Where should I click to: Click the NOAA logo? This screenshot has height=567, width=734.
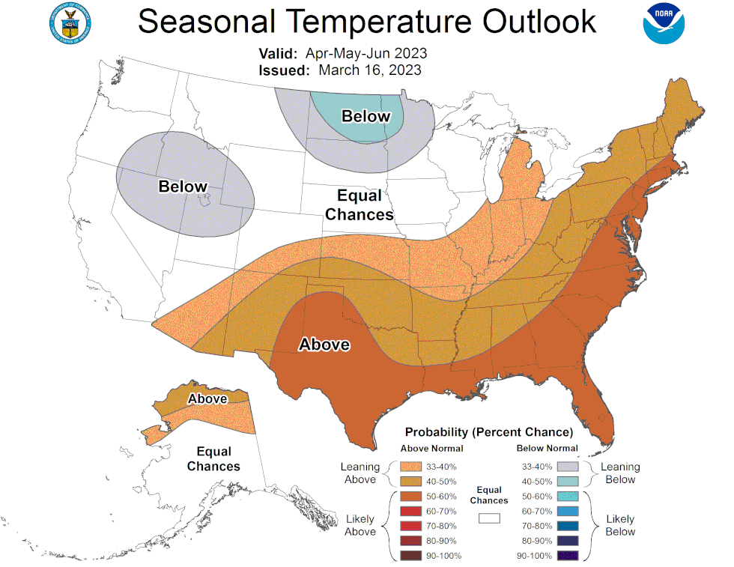[664, 23]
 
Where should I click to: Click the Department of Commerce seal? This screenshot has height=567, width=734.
[70, 23]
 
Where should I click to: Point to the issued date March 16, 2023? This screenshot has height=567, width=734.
[370, 70]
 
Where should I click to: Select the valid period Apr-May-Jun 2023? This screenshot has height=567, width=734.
[366, 53]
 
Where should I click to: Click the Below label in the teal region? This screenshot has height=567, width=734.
[366, 115]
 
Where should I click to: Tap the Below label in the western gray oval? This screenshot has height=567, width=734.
[183, 187]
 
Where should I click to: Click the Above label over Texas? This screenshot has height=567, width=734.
[324, 345]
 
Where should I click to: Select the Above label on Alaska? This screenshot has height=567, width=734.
[207, 398]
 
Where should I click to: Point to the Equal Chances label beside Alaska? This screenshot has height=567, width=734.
[213, 459]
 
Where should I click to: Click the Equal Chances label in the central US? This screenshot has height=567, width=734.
[360, 204]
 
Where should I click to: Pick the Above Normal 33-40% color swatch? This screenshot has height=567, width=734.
[410, 467]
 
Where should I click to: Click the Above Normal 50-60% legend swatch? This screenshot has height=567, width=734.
[410, 497]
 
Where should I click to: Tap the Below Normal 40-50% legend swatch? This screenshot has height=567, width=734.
[568, 482]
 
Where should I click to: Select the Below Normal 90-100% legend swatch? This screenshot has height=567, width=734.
[568, 556]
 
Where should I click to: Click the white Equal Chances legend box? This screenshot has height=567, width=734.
[489, 518]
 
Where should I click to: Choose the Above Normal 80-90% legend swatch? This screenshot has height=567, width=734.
[410, 541]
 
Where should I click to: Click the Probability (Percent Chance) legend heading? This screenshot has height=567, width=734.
[489, 432]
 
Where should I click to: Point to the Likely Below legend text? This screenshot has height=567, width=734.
[620, 525]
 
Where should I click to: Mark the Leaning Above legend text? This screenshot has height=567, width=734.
[360, 473]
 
